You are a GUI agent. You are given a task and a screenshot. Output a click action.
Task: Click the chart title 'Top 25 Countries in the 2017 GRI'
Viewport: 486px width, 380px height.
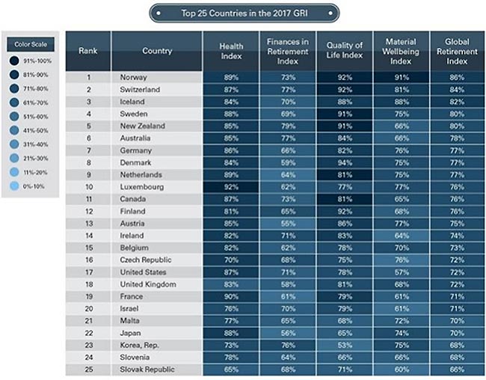(243, 13)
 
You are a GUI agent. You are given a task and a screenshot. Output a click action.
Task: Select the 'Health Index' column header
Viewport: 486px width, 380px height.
(231, 51)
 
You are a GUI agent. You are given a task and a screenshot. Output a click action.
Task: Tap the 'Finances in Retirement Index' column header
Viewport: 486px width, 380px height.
(288, 51)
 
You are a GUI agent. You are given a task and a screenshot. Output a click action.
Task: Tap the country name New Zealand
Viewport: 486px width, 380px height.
(142, 126)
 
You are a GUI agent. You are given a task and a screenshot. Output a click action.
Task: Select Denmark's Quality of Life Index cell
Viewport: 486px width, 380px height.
(345, 162)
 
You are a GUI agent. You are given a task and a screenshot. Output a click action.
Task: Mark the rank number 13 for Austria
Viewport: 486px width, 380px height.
(87, 222)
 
